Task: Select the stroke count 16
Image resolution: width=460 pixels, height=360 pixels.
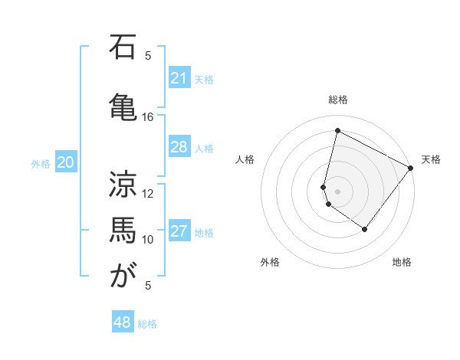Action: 148,117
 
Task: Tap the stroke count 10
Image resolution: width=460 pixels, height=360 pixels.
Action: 148,239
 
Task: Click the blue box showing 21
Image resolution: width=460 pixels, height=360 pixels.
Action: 179,78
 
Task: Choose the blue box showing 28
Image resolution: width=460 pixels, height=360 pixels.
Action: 179,147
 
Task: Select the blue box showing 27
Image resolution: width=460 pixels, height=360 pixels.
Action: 179,231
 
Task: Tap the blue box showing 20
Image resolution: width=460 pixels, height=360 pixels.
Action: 66,162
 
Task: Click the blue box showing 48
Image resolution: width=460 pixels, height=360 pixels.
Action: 123,322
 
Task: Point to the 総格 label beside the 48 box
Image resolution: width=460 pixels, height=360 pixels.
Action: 148,324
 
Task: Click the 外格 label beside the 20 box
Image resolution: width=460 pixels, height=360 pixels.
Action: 41,163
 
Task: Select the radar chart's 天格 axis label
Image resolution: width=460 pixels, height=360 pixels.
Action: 431,159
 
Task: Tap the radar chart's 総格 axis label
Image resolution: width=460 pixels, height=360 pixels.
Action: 338,100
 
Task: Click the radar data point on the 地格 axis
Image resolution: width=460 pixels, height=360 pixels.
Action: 365,229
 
